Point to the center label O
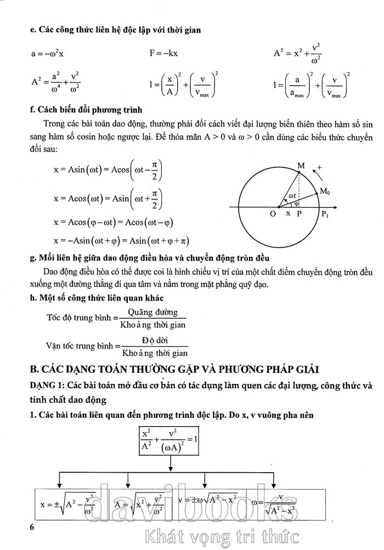(273, 214)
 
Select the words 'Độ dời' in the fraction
(155, 340)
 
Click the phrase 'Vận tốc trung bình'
(80, 346)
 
